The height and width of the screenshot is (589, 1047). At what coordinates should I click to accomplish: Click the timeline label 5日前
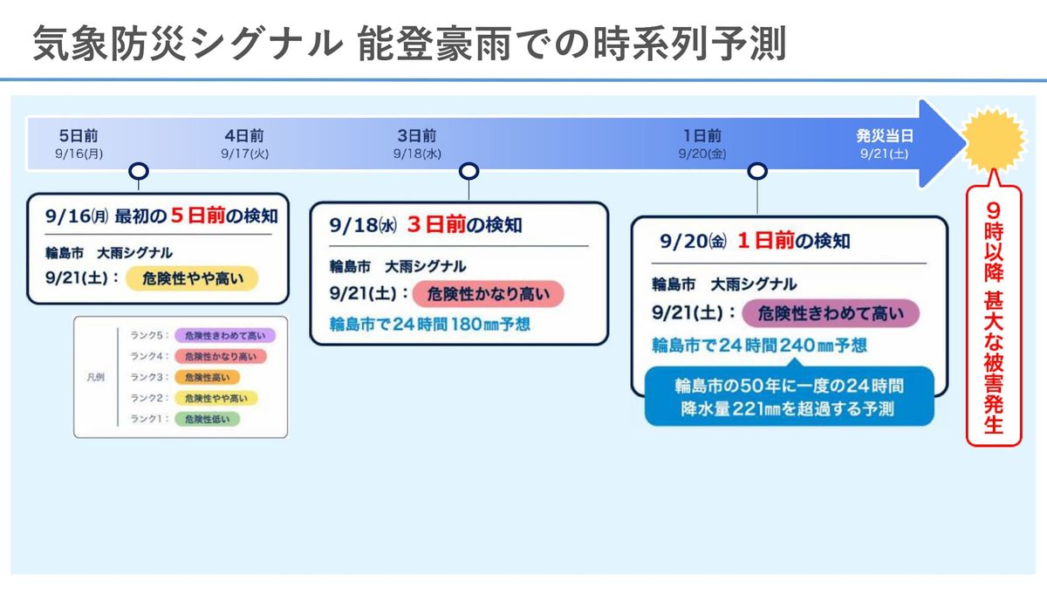point(79,136)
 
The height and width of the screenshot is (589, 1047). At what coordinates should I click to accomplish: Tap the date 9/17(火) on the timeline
point(245,154)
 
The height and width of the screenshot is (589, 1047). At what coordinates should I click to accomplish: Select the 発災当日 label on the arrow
point(885,136)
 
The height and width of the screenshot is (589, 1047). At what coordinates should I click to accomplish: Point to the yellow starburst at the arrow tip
point(994,139)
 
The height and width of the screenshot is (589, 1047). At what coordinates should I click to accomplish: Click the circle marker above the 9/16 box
point(139,172)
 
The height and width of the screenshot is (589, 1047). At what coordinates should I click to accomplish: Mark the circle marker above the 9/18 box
point(469,172)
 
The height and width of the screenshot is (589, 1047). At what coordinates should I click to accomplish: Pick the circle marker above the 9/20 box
point(757,172)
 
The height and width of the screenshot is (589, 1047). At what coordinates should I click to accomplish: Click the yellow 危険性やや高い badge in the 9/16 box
point(192,278)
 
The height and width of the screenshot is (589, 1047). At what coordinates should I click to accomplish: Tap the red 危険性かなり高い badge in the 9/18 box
point(489,294)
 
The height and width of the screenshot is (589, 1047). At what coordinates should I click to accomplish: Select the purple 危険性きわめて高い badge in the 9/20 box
point(831,313)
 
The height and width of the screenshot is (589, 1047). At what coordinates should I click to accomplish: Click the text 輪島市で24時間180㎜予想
point(430,325)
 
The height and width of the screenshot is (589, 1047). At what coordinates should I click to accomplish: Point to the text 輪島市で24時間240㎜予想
point(760,346)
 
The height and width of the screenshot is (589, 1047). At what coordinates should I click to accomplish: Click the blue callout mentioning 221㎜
point(789,396)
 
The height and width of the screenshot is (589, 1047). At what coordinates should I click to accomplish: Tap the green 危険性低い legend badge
point(207,419)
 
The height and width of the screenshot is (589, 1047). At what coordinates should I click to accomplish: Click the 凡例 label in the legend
point(95,377)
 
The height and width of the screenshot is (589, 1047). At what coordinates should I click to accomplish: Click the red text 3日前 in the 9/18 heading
point(436,225)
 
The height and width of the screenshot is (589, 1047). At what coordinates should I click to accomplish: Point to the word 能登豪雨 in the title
point(435,44)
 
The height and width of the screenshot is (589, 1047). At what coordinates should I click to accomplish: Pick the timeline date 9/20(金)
point(702,154)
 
